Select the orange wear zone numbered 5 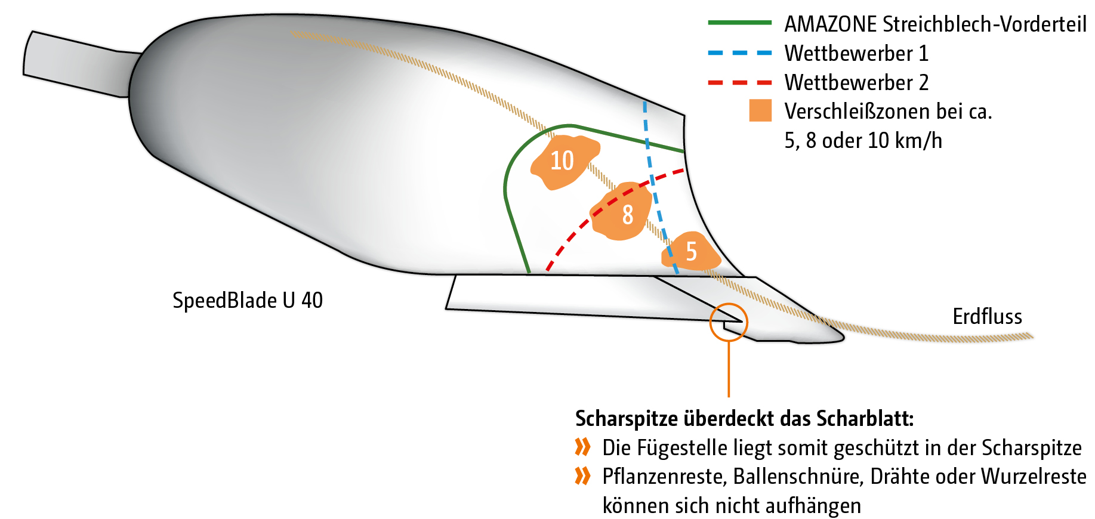[692, 252]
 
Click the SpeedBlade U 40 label [248, 300]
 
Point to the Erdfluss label [987, 316]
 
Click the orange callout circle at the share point [729, 322]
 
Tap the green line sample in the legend [739, 23]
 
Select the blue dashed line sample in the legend [739, 52]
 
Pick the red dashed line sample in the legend [739, 82]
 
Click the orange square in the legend [760, 111]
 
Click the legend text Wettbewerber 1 [856, 54]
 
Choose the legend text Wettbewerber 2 [856, 83]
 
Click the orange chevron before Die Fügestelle [582, 447]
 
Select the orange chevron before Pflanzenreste [582, 476]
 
